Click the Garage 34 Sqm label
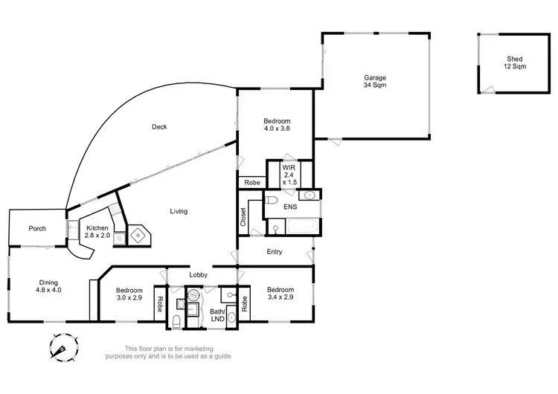(374, 81)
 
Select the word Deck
(159, 126)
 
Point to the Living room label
(179, 211)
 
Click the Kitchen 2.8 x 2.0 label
(98, 232)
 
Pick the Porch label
(37, 228)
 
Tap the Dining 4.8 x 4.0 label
(49, 286)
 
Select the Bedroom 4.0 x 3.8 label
(277, 125)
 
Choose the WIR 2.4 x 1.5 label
(289, 175)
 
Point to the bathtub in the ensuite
(301, 226)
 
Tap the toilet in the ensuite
(272, 201)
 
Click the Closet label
(243, 216)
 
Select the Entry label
(275, 252)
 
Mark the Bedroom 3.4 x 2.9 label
(280, 294)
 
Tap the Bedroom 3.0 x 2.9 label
(129, 294)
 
